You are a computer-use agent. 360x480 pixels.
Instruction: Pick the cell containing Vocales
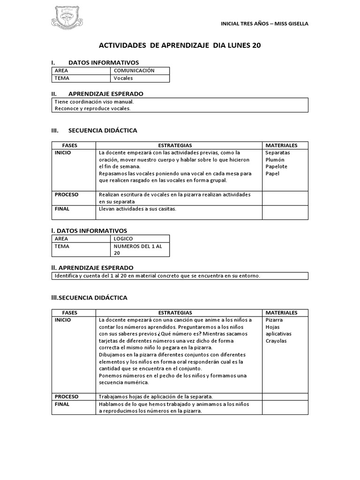click(x=123, y=78)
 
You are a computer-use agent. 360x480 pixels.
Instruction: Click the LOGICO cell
click(x=123, y=239)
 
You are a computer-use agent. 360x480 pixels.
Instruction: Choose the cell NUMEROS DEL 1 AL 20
click(x=138, y=249)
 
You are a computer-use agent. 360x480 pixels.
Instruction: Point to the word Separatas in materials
click(x=277, y=153)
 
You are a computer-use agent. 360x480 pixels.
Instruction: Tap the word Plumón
click(x=275, y=160)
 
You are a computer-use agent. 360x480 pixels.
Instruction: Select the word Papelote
click(x=276, y=166)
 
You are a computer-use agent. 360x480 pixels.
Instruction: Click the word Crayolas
click(x=276, y=341)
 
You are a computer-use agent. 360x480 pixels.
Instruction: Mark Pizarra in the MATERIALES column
click(x=274, y=320)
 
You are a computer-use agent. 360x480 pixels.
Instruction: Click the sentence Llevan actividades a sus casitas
click(x=137, y=209)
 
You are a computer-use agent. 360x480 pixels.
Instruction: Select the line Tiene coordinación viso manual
click(x=94, y=101)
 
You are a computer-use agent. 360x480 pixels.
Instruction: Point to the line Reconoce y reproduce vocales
click(x=93, y=108)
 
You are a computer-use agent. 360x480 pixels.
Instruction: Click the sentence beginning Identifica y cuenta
click(x=157, y=276)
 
